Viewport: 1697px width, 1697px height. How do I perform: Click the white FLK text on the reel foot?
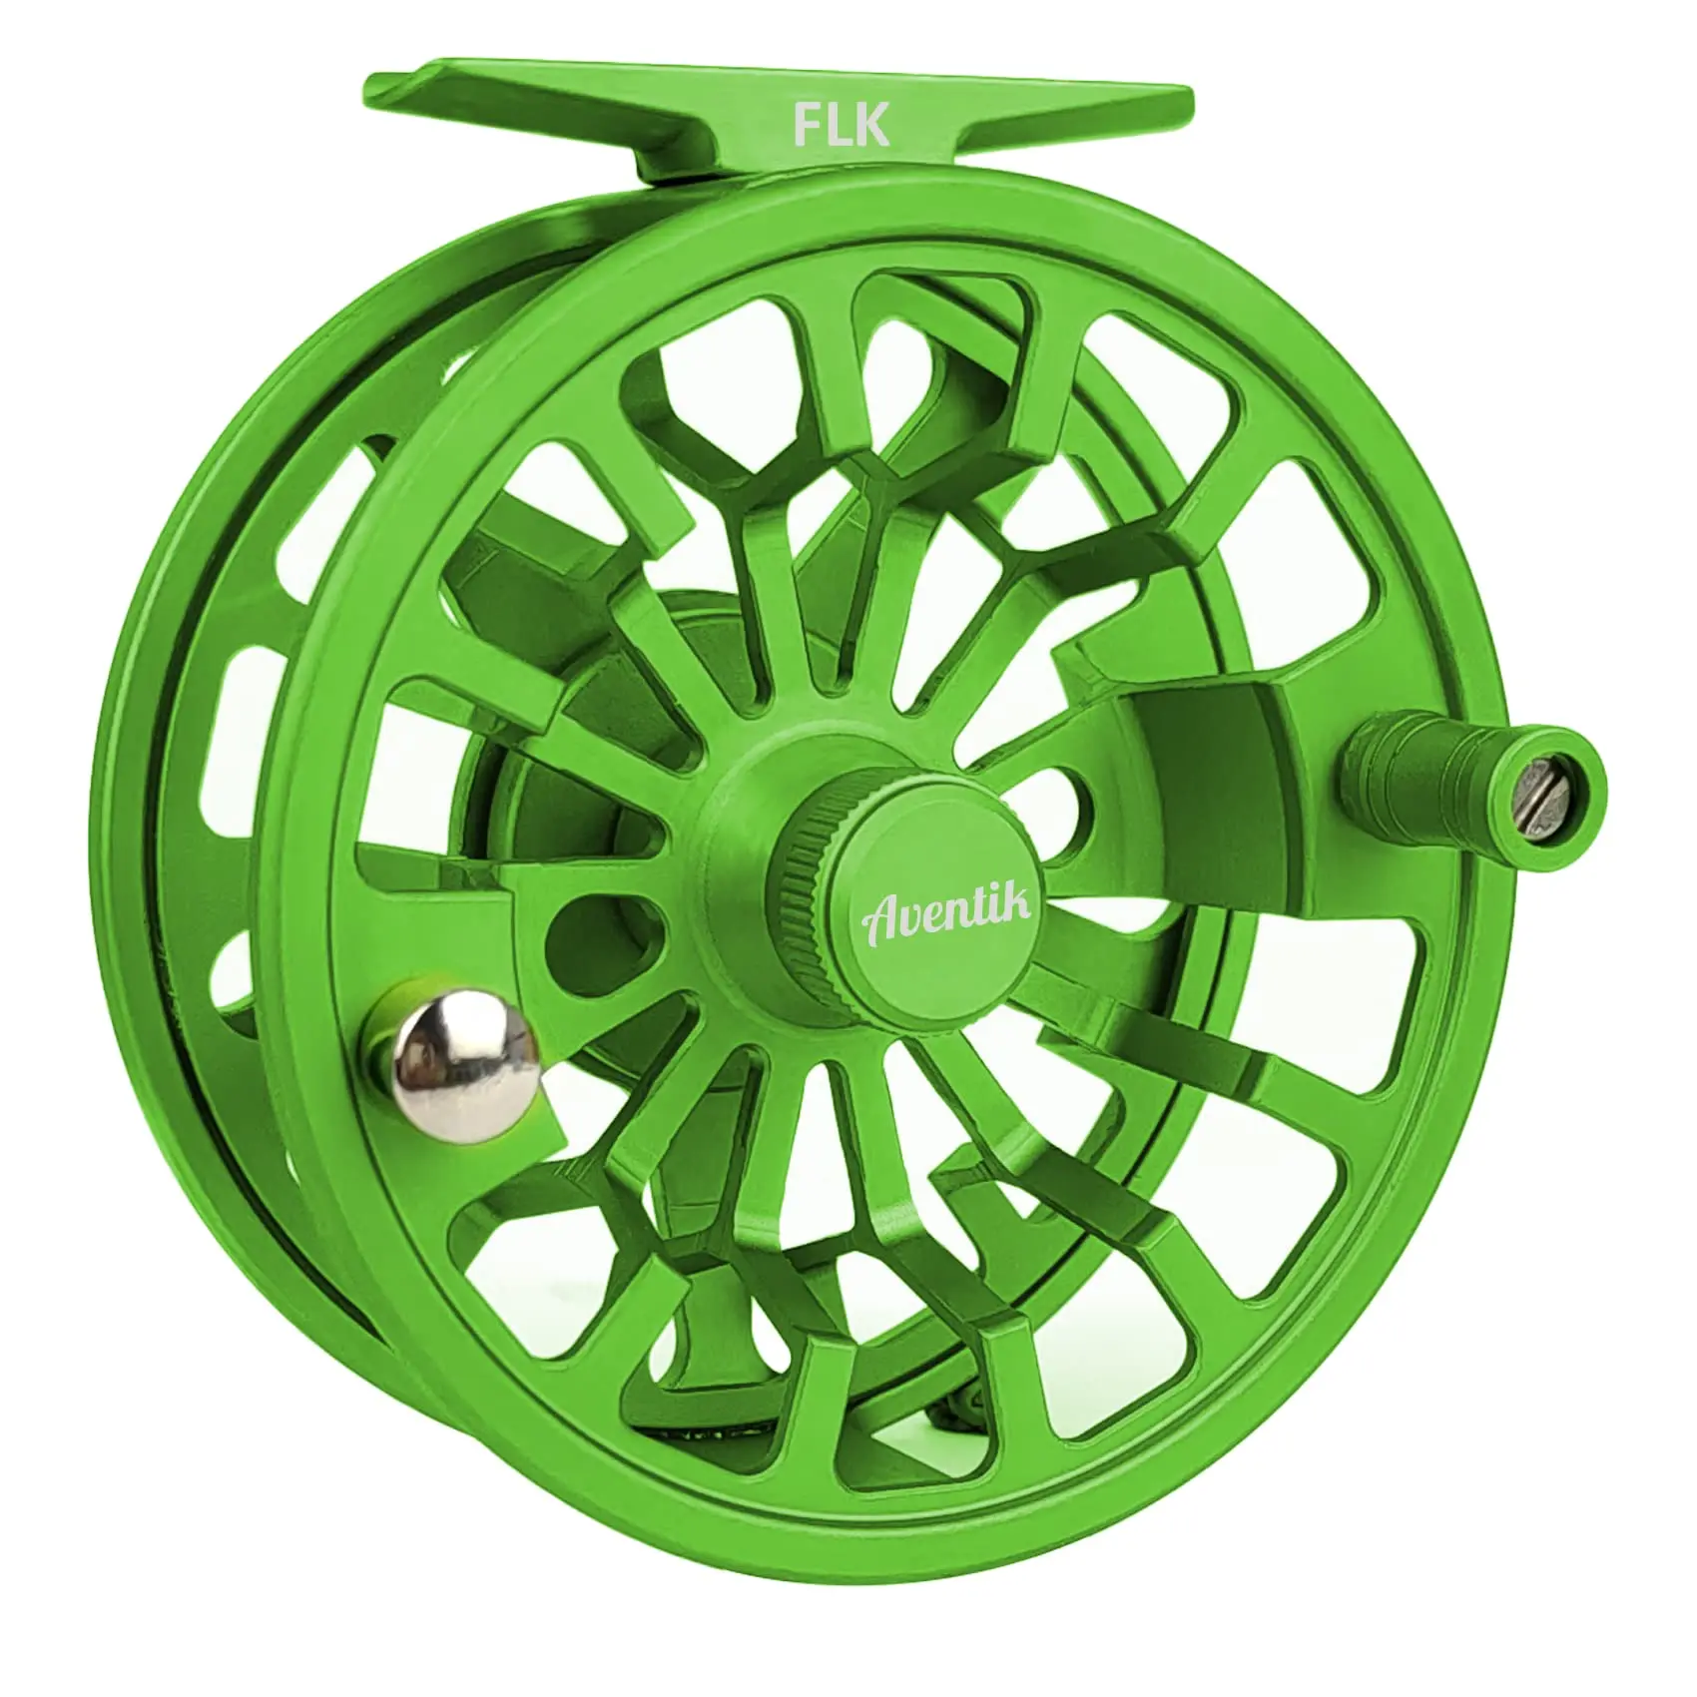pos(840,126)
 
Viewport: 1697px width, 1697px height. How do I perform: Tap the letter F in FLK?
pos(806,126)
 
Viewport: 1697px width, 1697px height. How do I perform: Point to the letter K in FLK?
pos(872,126)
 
